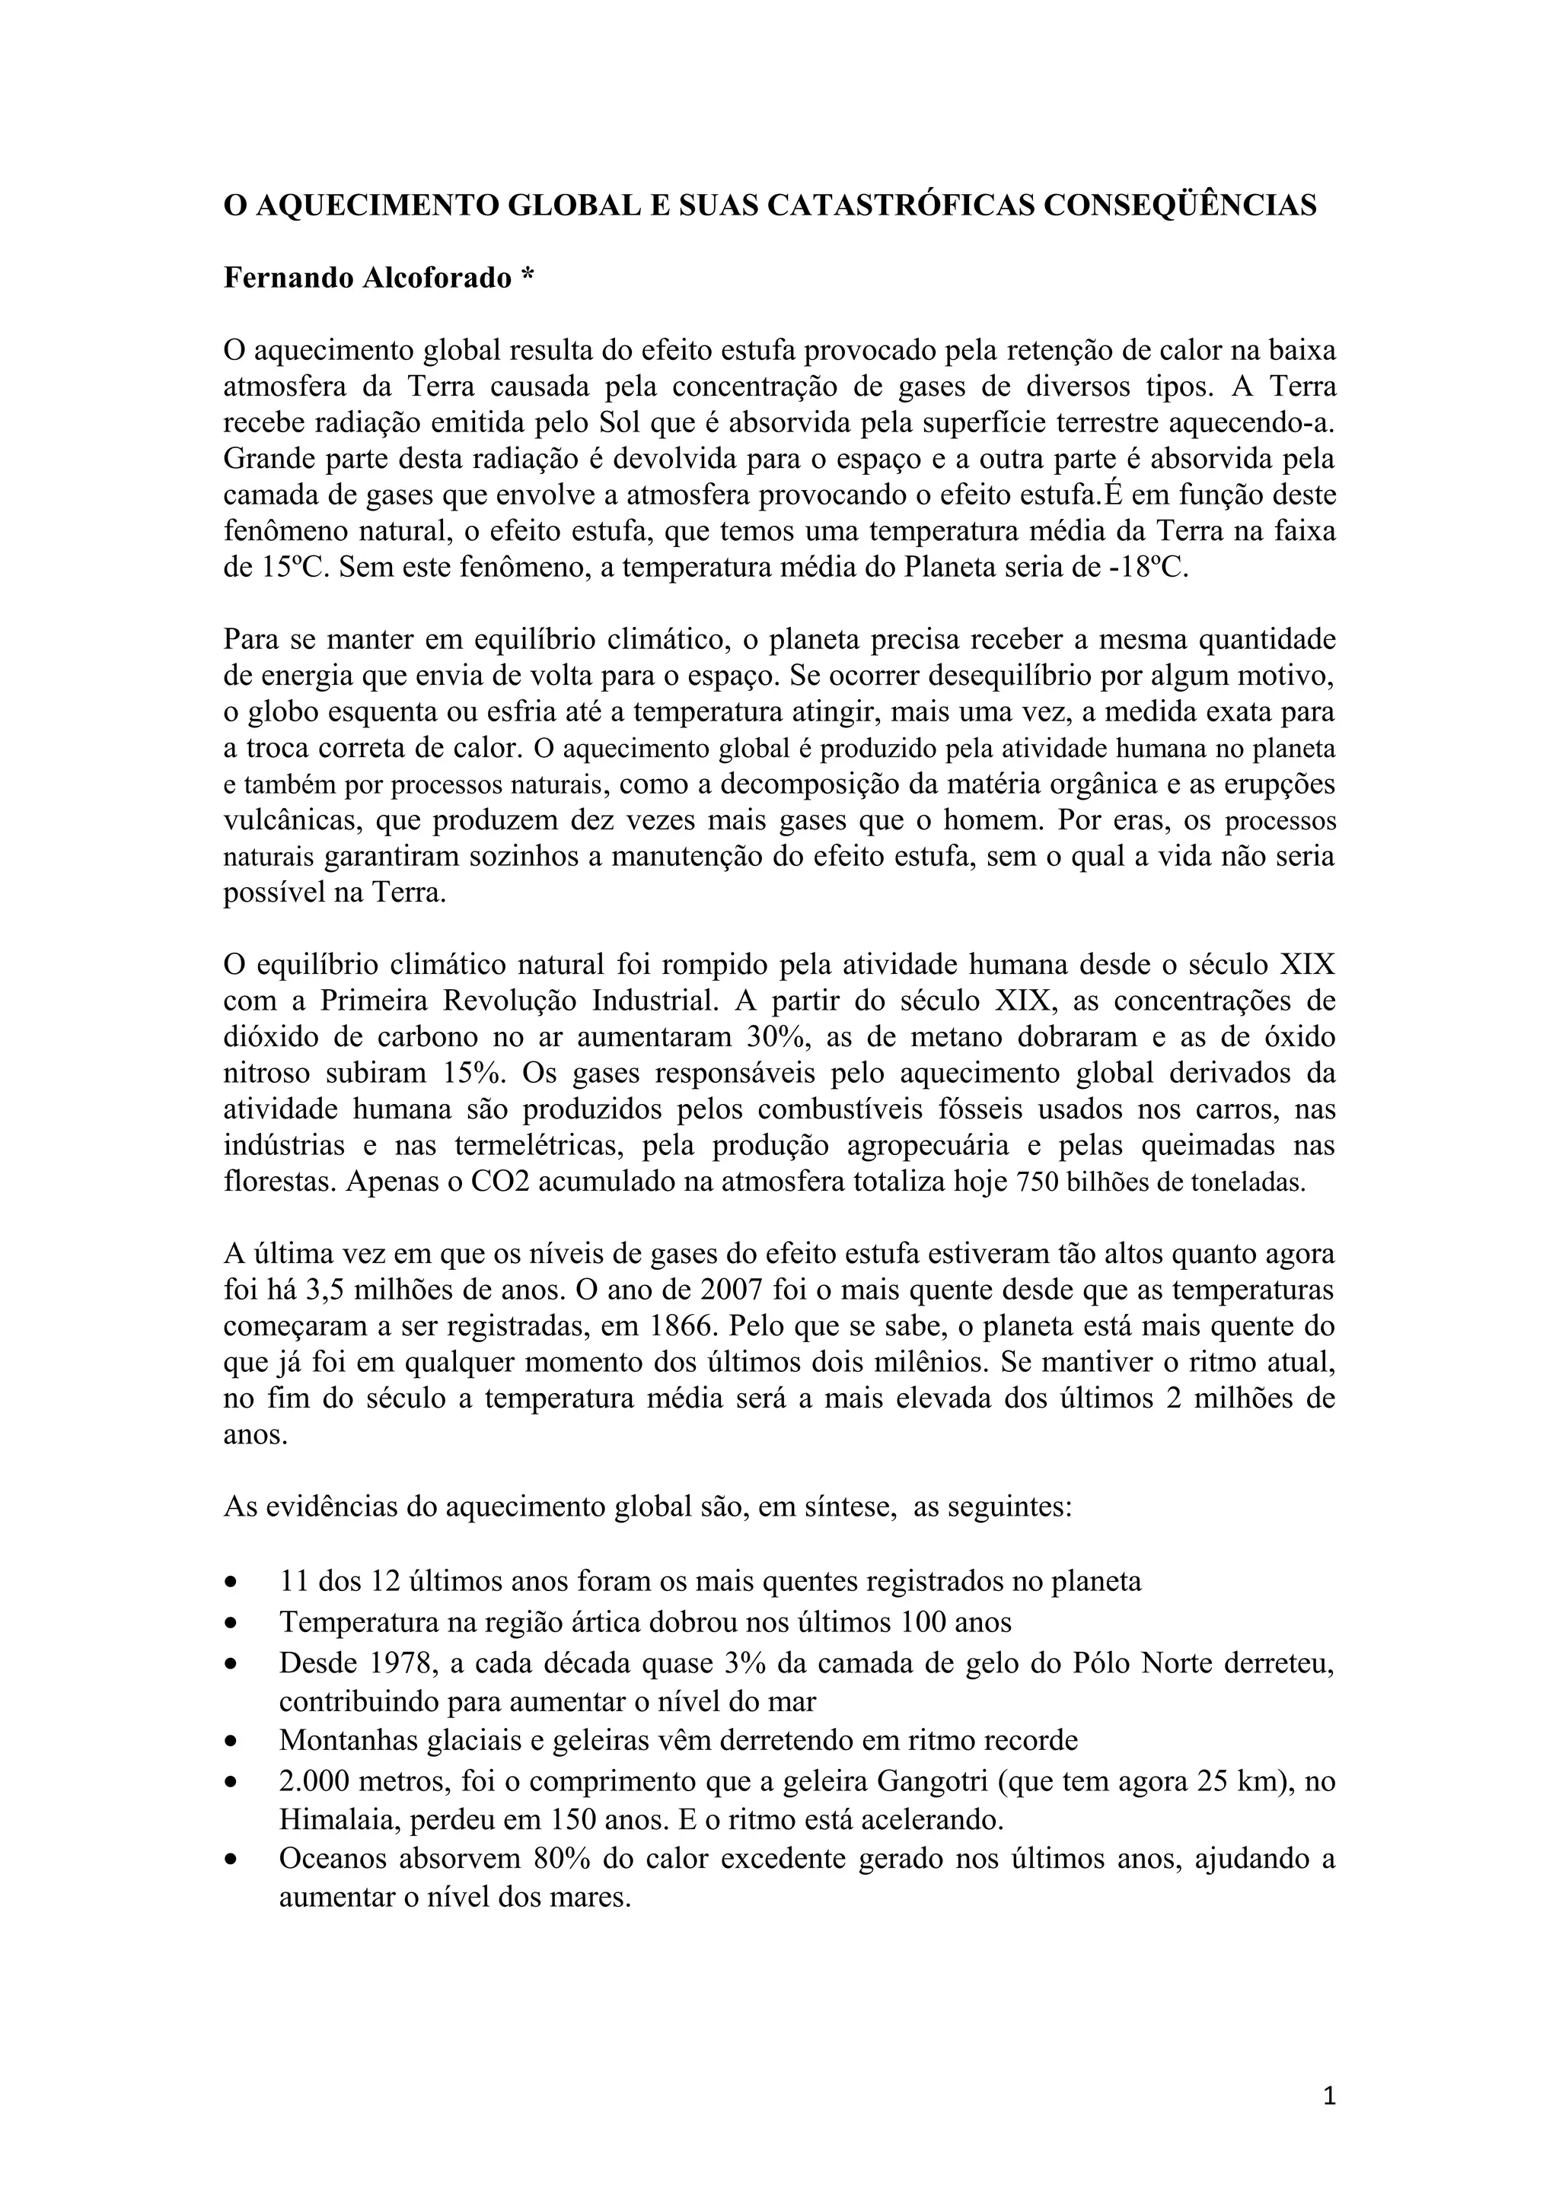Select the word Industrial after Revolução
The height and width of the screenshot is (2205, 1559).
(654, 1001)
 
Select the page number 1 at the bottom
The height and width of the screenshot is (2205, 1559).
(1329, 2095)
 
